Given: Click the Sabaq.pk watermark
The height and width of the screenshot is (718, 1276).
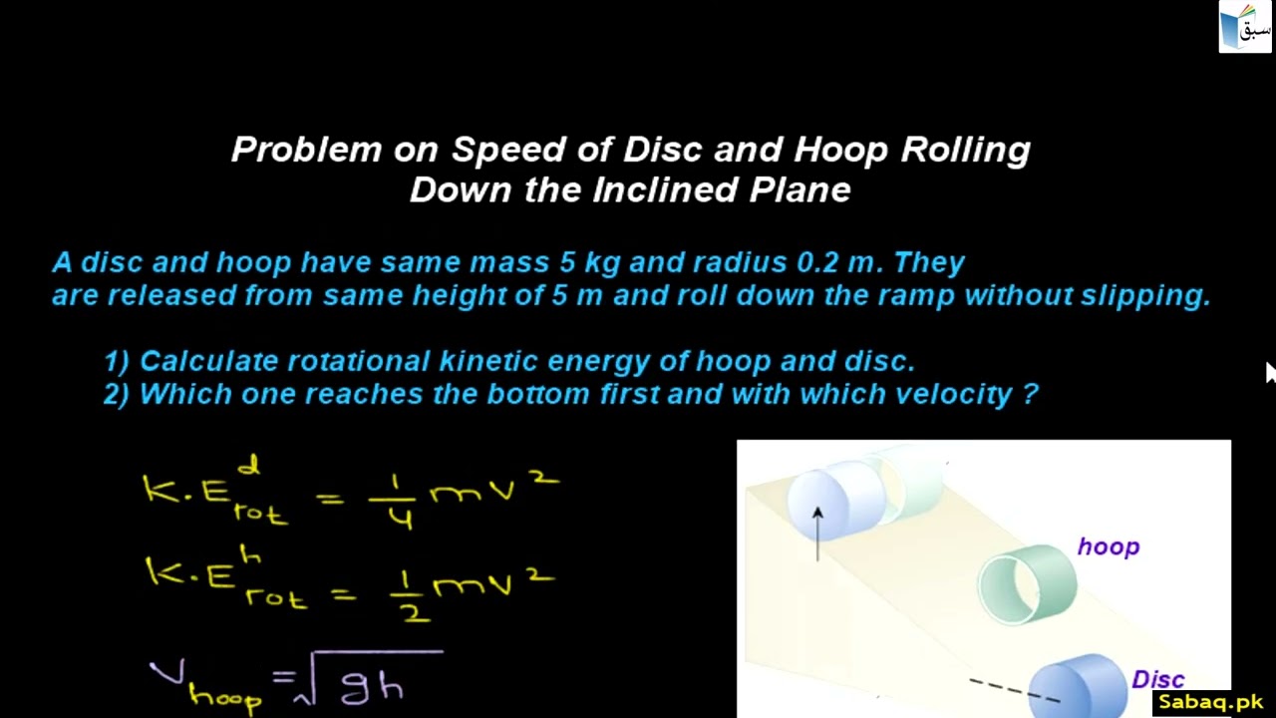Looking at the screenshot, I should coord(1210,703).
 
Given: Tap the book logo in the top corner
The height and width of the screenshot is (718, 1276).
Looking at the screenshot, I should coord(1245,27).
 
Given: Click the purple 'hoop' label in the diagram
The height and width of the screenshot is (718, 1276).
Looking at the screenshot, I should coord(1108,547).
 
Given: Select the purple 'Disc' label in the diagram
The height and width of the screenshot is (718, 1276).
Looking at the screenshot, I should coord(1157,680).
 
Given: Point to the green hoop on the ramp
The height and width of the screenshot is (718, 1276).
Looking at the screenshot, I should coord(1026,584).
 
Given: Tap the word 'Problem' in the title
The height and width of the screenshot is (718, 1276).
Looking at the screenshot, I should coord(307,151).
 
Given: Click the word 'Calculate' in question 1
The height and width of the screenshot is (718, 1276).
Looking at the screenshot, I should coord(208,361).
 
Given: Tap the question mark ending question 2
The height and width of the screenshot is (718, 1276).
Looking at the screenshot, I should coord(1030,394).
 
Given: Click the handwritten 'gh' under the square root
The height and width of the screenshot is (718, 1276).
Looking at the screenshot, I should coord(372,687).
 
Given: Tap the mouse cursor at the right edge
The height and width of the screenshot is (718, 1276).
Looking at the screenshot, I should coord(1270,372).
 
